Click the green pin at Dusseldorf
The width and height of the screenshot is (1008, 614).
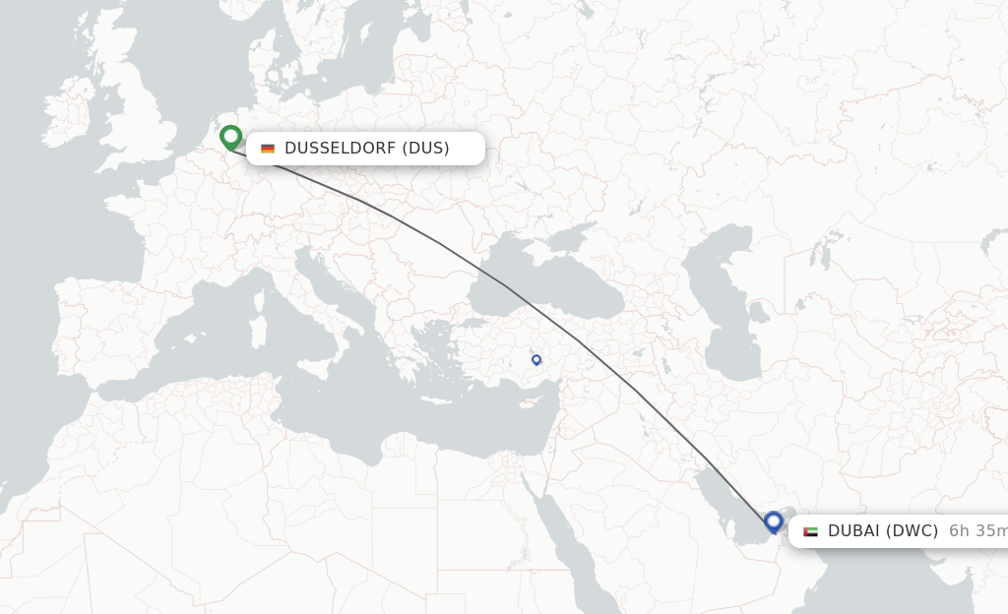pyautogui.click(x=230, y=137)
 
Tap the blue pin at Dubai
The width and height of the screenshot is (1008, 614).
pyautogui.click(x=773, y=522)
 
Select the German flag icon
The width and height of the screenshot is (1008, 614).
pyautogui.click(x=268, y=149)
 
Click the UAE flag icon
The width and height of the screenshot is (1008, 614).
pyautogui.click(x=810, y=531)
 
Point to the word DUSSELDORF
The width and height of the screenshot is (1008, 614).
pyautogui.click(x=339, y=149)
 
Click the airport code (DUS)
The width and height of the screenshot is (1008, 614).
pyautogui.click(x=425, y=149)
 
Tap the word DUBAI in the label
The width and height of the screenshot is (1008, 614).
pyautogui.click(x=851, y=531)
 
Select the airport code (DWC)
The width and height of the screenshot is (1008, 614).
pyautogui.click(x=910, y=531)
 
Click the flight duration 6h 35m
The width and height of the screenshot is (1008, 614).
pyautogui.click(x=977, y=531)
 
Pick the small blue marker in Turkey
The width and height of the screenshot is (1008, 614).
pyautogui.click(x=536, y=360)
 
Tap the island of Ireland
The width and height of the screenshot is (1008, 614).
pyautogui.click(x=69, y=113)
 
